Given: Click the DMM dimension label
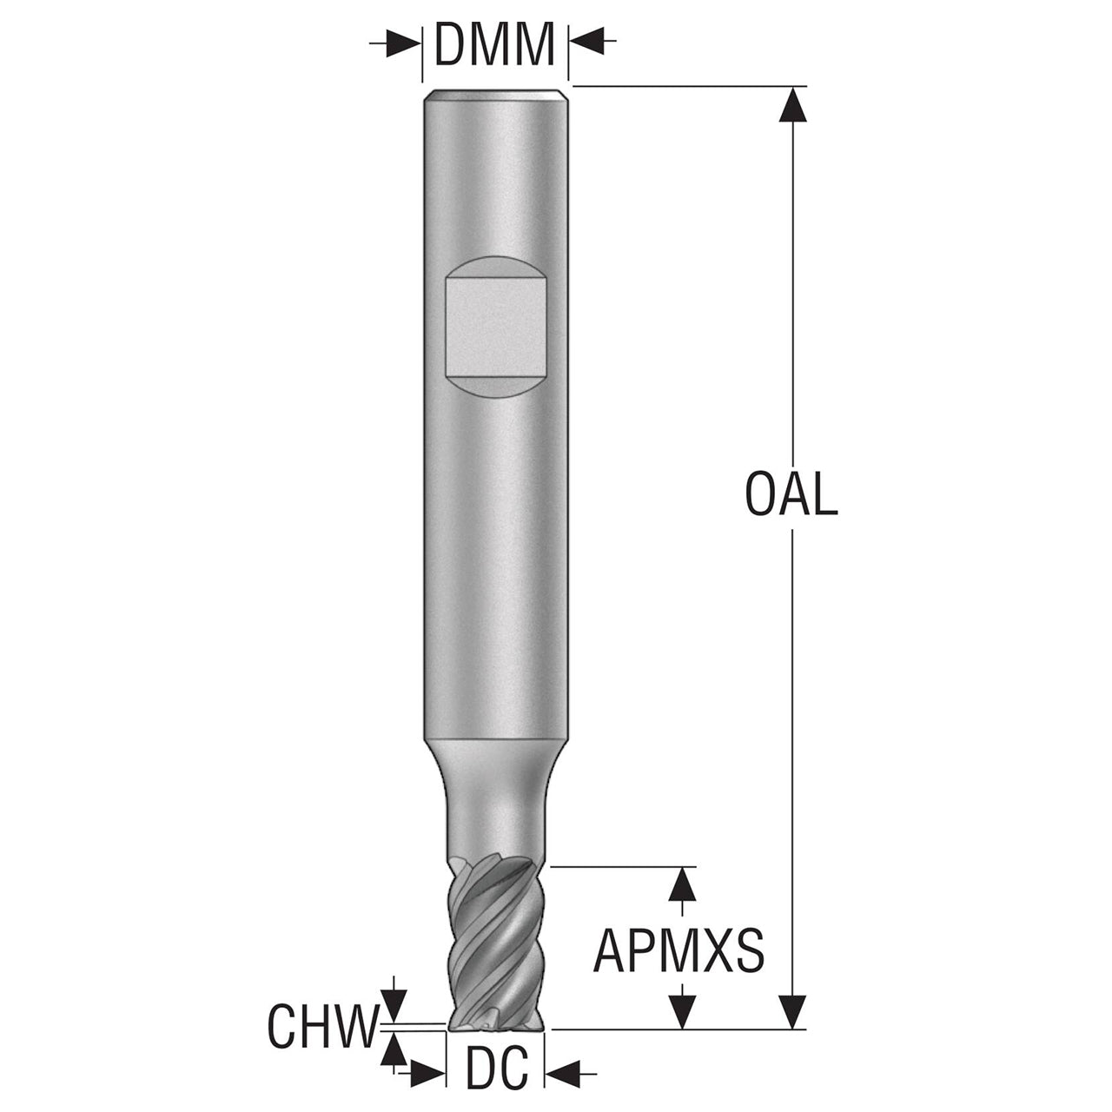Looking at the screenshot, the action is (x=494, y=44).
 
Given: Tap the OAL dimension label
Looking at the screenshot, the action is (x=791, y=494).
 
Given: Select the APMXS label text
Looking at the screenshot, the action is (x=678, y=950).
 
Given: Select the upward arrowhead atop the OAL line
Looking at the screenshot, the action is (x=792, y=104).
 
